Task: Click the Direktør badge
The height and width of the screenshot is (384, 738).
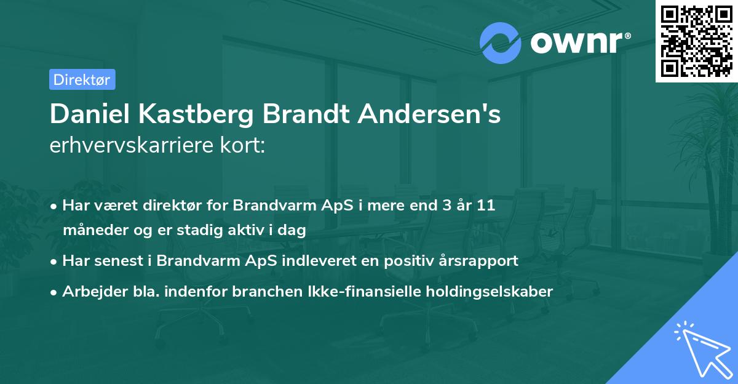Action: click(x=82, y=79)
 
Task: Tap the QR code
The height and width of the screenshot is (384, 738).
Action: click(x=696, y=41)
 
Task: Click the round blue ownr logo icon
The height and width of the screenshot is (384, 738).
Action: click(x=501, y=43)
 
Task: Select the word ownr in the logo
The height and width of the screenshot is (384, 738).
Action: click(x=578, y=43)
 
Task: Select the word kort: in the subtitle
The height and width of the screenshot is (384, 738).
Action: click(x=245, y=146)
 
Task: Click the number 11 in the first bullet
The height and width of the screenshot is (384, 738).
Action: click(x=486, y=206)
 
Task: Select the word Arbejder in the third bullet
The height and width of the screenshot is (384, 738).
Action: click(x=91, y=291)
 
